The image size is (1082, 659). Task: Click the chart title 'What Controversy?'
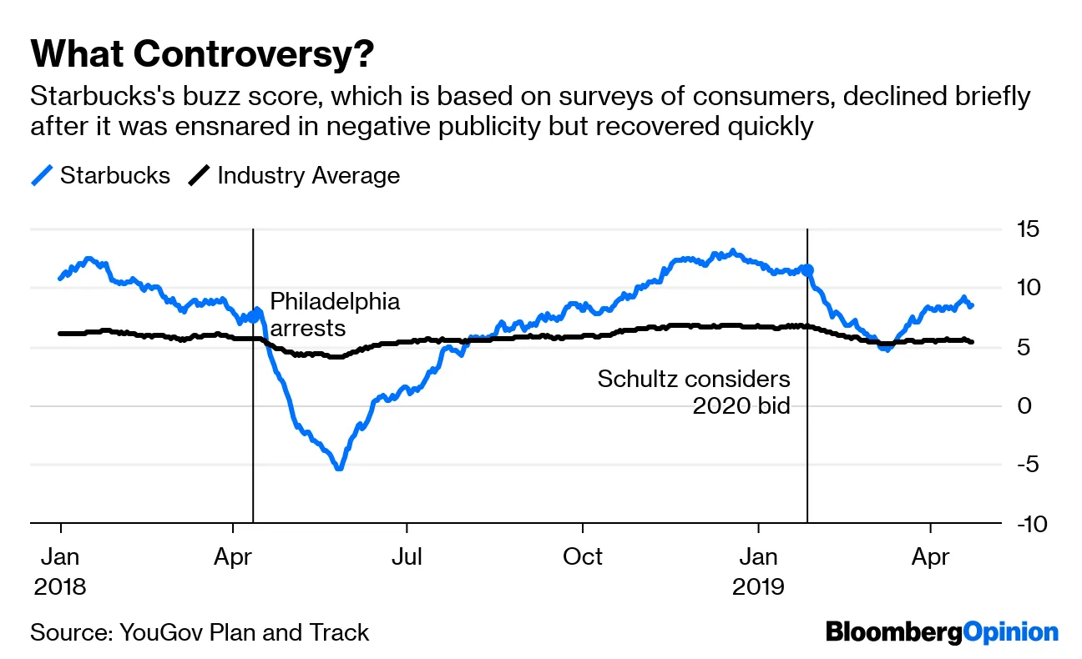coord(202,55)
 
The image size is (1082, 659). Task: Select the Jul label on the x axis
coord(407,556)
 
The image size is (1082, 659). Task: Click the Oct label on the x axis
coord(583,556)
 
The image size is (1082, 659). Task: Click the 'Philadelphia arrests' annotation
coord(335,314)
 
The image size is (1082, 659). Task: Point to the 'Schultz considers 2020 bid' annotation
coord(694,392)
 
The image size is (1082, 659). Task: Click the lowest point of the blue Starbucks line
coord(339,468)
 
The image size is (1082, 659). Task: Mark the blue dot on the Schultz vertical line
coord(806,270)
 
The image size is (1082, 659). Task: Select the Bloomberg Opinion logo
coord(942,632)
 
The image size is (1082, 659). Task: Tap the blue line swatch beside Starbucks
coord(42,176)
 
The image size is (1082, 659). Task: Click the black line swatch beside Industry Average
coord(199,176)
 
